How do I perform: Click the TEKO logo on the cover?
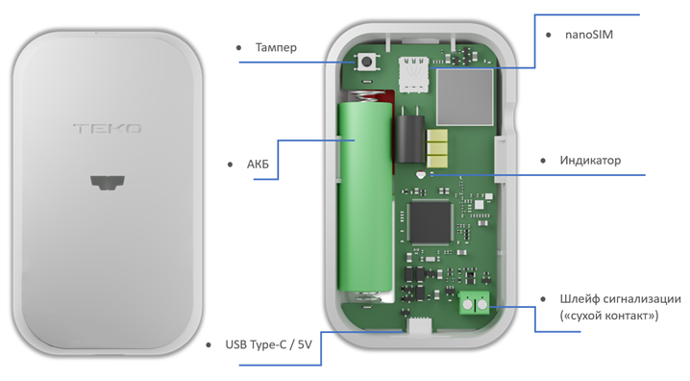108,129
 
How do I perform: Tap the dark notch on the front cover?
108,183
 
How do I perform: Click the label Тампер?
276,47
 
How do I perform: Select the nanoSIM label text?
589,35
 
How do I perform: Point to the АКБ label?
258,165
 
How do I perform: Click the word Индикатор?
590,160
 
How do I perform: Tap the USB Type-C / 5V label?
268,344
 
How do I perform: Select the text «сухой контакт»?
609,316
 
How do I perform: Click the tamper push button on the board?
366,62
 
